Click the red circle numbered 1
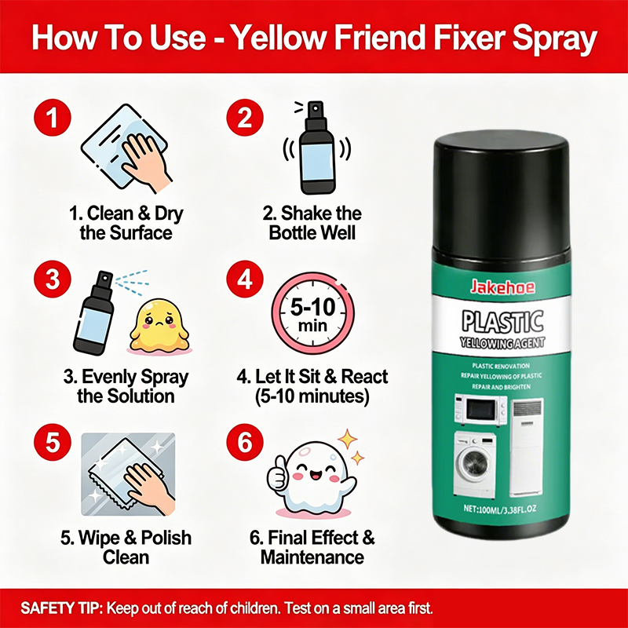pyautogui.click(x=53, y=118)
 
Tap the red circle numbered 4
pyautogui.click(x=245, y=279)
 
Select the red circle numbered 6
pyautogui.click(x=245, y=443)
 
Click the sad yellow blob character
pyautogui.click(x=159, y=327)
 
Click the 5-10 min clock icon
pyautogui.click(x=312, y=313)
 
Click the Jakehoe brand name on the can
pyautogui.click(x=502, y=287)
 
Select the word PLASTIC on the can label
pyautogui.click(x=502, y=322)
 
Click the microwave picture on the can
pyautogui.click(x=480, y=410)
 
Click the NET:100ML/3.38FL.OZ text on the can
pyautogui.click(x=500, y=509)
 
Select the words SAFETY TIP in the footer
pyautogui.click(x=62, y=608)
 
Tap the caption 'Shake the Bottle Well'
pyautogui.click(x=312, y=223)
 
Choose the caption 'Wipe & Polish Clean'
pyautogui.click(x=126, y=547)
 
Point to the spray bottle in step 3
pyautogui.click(x=94, y=312)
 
